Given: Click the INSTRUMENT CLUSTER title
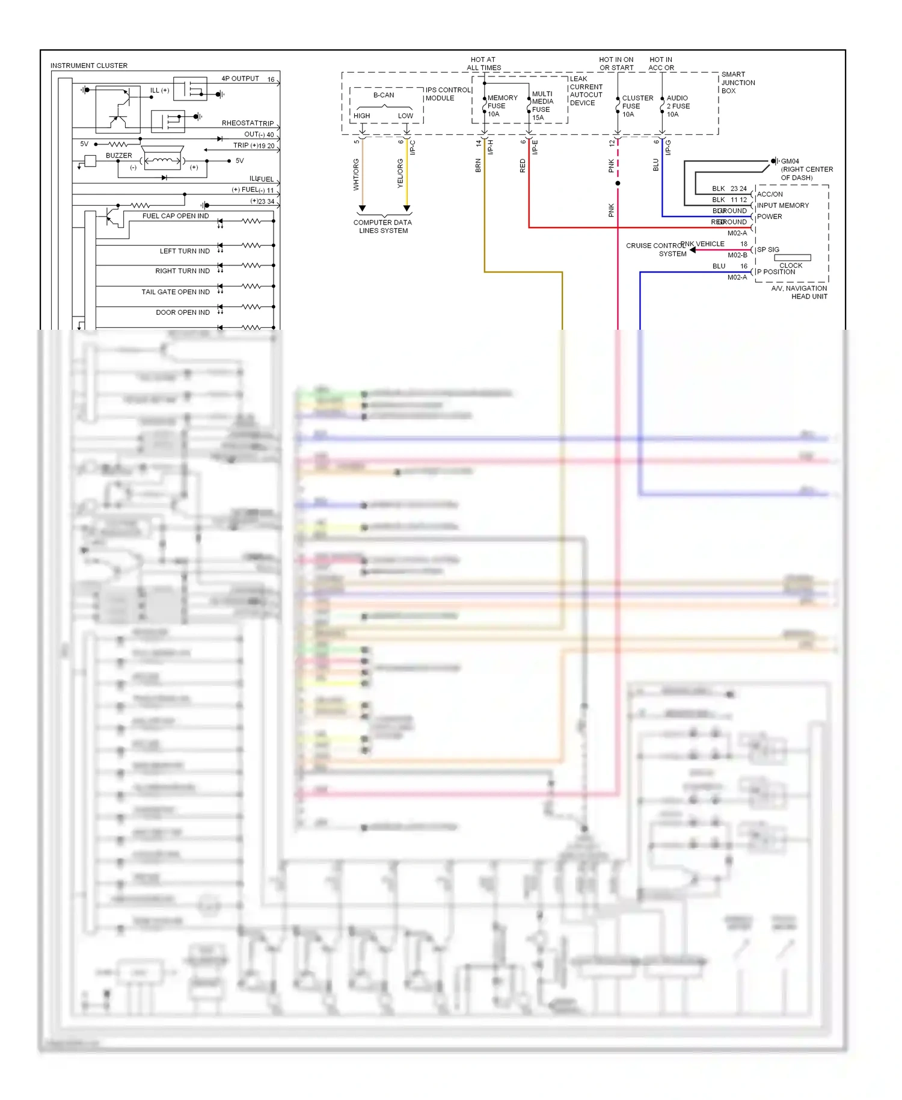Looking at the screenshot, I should pyautogui.click(x=89, y=66).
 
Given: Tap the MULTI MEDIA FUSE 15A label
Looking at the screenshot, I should pyautogui.click(x=542, y=106).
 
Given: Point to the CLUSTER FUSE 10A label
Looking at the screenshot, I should pyautogui.click(x=637, y=106).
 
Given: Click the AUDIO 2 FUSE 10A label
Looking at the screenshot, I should pyautogui.click(x=678, y=106).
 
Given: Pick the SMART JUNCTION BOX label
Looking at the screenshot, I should pyautogui.click(x=737, y=82).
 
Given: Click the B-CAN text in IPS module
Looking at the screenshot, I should pyautogui.click(x=384, y=95).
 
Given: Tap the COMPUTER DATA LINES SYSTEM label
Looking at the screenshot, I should pyautogui.click(x=383, y=226).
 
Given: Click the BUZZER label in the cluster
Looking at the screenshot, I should pyautogui.click(x=118, y=155).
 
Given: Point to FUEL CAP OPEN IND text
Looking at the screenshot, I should pyautogui.click(x=176, y=216).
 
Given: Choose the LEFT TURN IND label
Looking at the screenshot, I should pyautogui.click(x=185, y=251).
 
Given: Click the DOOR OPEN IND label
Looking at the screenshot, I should pyautogui.click(x=183, y=312).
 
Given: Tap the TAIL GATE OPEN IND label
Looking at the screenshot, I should pyautogui.click(x=176, y=292).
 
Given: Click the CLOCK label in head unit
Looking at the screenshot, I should pyautogui.click(x=791, y=265).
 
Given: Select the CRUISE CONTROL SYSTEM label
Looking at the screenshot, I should pyautogui.click(x=656, y=250).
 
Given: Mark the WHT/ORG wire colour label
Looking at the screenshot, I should pyautogui.click(x=356, y=175).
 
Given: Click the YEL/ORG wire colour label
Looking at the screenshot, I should pyautogui.click(x=400, y=173).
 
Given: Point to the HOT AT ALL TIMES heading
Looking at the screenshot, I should pyautogui.click(x=483, y=64).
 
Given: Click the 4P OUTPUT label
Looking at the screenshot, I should pyautogui.click(x=240, y=79).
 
